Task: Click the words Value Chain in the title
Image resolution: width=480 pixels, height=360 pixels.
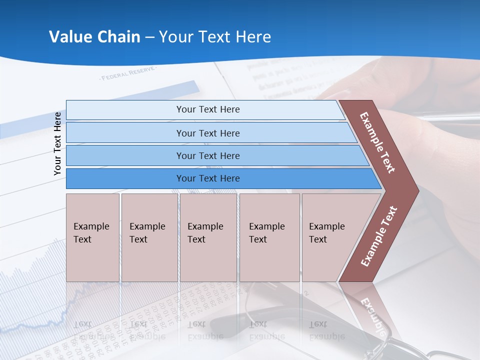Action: [94, 37]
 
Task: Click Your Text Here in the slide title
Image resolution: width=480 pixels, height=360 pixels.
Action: [215, 37]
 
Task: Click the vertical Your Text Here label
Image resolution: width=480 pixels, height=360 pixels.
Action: [57, 143]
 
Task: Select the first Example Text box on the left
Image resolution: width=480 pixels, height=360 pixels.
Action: [92, 237]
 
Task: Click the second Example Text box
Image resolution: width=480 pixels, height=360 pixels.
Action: [149, 237]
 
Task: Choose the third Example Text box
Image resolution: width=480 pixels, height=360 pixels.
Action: [207, 237]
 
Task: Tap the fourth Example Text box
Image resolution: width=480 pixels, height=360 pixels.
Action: [269, 237]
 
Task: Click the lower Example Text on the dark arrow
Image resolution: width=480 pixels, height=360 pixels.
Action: [378, 236]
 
